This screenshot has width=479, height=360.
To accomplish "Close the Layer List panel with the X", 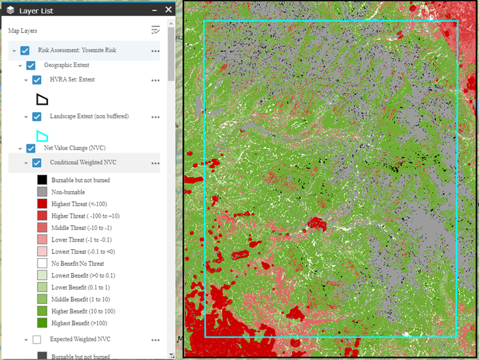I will (168, 10).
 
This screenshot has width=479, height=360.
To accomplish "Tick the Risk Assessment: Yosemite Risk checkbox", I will (25, 51).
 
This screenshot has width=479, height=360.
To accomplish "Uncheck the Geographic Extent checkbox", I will (31, 66).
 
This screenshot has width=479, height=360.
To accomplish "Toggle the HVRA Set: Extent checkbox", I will (37, 80).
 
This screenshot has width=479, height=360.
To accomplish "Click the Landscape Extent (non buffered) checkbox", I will (37, 116).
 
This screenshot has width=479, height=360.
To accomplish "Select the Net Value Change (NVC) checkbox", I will (31, 148).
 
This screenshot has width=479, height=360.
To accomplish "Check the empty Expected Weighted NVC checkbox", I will (37, 339).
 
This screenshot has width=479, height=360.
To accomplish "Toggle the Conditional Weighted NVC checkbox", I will (37, 163).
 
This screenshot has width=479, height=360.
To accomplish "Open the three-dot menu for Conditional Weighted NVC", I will (155, 164).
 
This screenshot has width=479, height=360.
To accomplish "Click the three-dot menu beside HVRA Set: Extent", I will (155, 80).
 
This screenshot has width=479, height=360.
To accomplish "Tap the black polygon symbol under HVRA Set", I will (42, 99).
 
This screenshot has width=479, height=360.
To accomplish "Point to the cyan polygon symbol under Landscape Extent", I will (42, 136).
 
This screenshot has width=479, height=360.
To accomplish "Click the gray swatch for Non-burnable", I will (42, 192).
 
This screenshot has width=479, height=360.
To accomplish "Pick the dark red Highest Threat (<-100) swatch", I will (42, 204).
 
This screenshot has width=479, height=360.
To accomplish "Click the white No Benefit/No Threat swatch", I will (42, 263).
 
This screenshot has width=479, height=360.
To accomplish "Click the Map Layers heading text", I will (23, 31).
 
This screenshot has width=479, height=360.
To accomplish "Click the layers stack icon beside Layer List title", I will (10, 10).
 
